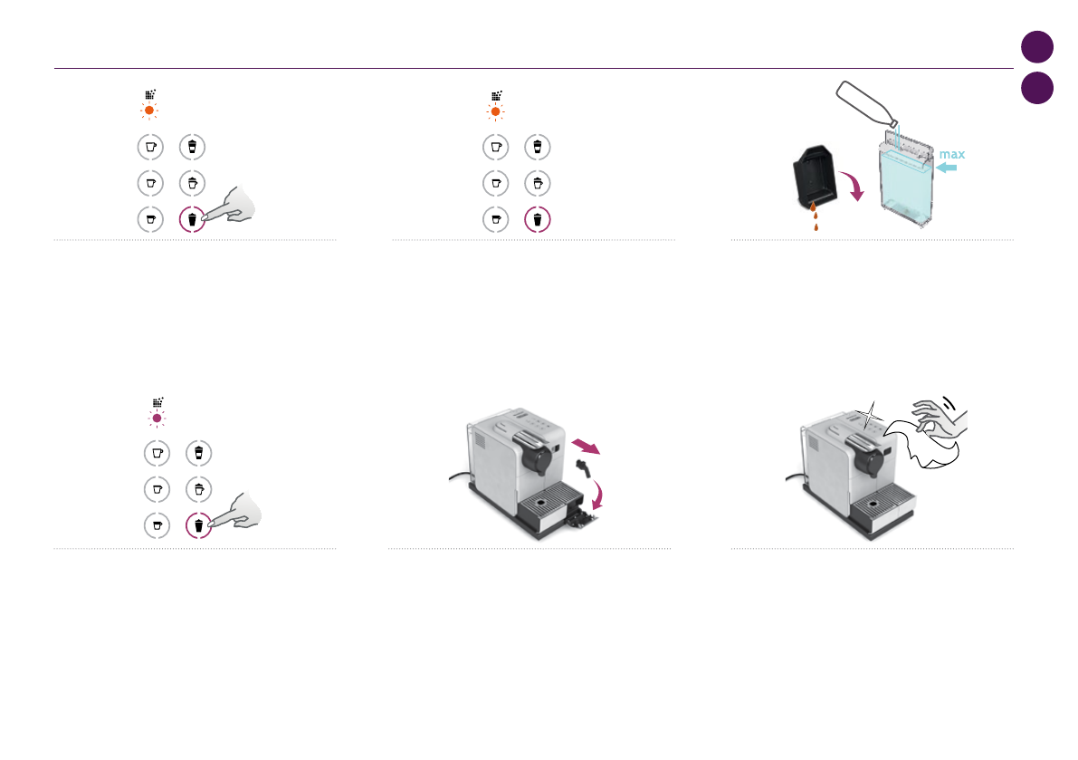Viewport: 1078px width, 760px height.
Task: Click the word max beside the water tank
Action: click(952, 154)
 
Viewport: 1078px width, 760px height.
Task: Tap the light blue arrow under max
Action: click(947, 168)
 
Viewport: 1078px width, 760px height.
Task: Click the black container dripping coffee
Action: click(815, 177)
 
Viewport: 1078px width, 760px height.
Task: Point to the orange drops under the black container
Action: click(815, 216)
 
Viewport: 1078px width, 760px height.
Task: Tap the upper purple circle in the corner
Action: click(1037, 47)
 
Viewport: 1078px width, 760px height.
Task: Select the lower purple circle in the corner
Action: click(1037, 87)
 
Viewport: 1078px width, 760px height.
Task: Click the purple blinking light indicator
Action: click(157, 418)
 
